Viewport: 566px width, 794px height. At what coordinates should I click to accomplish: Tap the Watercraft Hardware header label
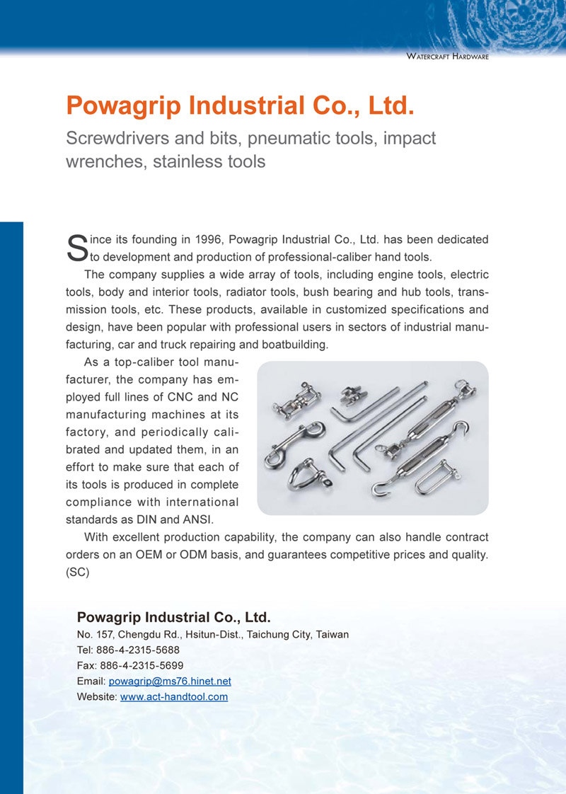[448, 56]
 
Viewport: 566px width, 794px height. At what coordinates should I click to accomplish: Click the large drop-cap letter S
[74, 247]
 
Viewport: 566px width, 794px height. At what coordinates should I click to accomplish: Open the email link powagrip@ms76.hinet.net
[170, 681]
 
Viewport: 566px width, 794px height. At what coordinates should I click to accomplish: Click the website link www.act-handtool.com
[174, 697]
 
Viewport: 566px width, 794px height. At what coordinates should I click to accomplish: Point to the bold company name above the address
[174, 616]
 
